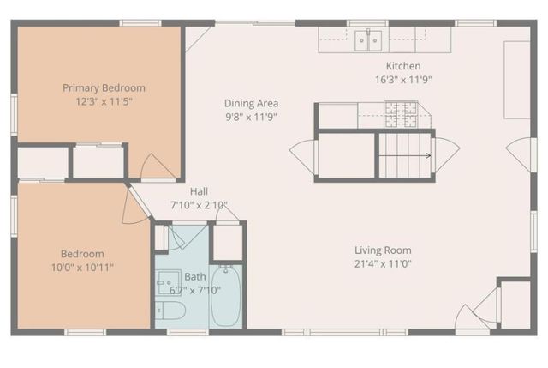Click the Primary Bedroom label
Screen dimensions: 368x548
click(x=104, y=87)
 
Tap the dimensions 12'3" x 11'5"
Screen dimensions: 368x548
click(x=104, y=101)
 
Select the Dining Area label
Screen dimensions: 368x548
click(x=251, y=103)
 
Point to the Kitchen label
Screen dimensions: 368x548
click(x=403, y=66)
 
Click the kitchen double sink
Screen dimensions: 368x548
click(x=369, y=39)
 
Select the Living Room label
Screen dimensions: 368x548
click(x=383, y=250)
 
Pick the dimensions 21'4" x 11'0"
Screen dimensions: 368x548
click(x=383, y=264)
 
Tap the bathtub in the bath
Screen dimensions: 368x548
click(x=226, y=297)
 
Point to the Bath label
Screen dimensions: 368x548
click(x=195, y=276)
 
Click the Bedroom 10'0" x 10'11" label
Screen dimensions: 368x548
click(x=82, y=254)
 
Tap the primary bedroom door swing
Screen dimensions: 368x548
click(x=157, y=167)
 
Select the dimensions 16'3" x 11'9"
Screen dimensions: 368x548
click(x=403, y=80)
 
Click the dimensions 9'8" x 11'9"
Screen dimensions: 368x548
click(x=251, y=117)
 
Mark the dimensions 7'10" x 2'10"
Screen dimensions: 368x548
click(x=199, y=205)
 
